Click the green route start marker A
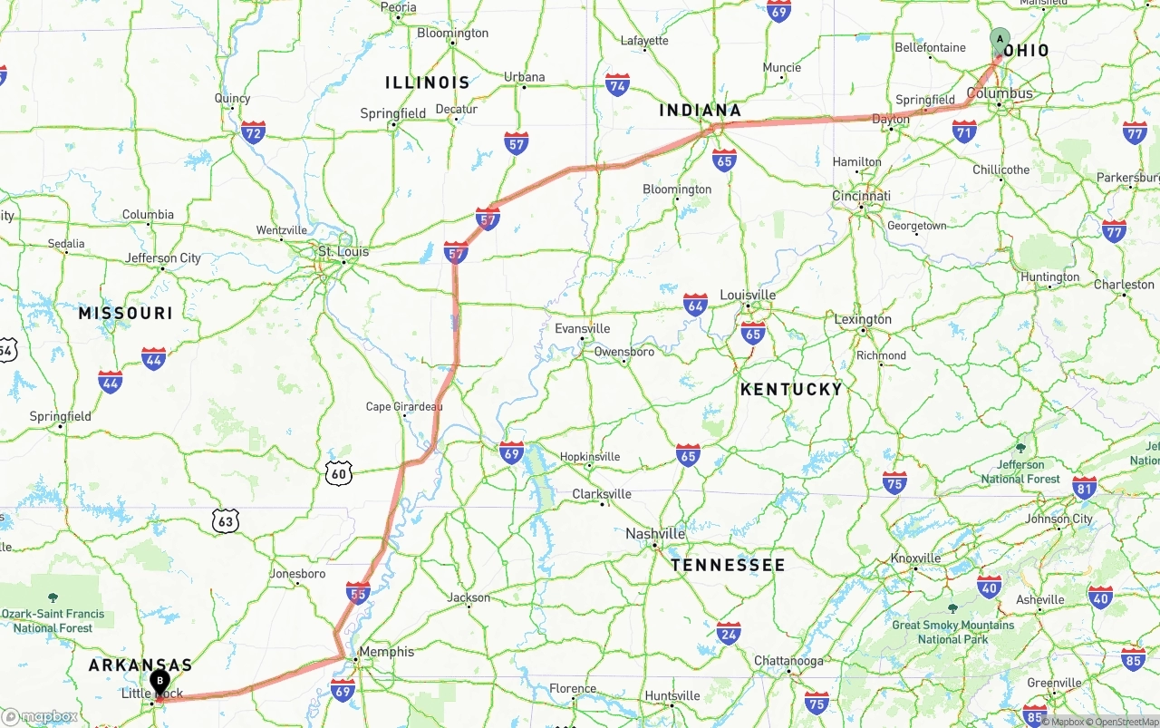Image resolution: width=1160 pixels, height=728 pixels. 1000,40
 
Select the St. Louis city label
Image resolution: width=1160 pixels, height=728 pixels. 343,251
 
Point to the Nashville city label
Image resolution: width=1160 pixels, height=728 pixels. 655,534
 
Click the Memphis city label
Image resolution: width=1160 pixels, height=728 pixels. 386,652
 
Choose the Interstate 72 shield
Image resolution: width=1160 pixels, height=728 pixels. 254,133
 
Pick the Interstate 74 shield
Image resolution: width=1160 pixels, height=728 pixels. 618,85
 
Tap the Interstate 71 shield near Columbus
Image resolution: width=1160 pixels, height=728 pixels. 964,132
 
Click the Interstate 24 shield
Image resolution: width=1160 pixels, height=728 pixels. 729,633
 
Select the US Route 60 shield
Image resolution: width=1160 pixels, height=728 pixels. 339,471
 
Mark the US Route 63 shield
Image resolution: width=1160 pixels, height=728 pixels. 226,520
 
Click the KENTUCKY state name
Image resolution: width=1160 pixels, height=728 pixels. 791,389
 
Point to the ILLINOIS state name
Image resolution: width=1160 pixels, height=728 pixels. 428,83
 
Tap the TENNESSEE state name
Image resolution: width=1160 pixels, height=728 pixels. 728,565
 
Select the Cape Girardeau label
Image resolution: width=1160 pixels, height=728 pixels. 404,407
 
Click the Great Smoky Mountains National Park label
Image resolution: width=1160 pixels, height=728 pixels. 952,632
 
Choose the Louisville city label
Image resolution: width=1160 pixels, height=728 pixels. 748,295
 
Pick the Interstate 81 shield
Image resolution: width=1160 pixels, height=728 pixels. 1084,488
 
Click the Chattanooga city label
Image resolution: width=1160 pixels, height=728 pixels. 789,661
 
